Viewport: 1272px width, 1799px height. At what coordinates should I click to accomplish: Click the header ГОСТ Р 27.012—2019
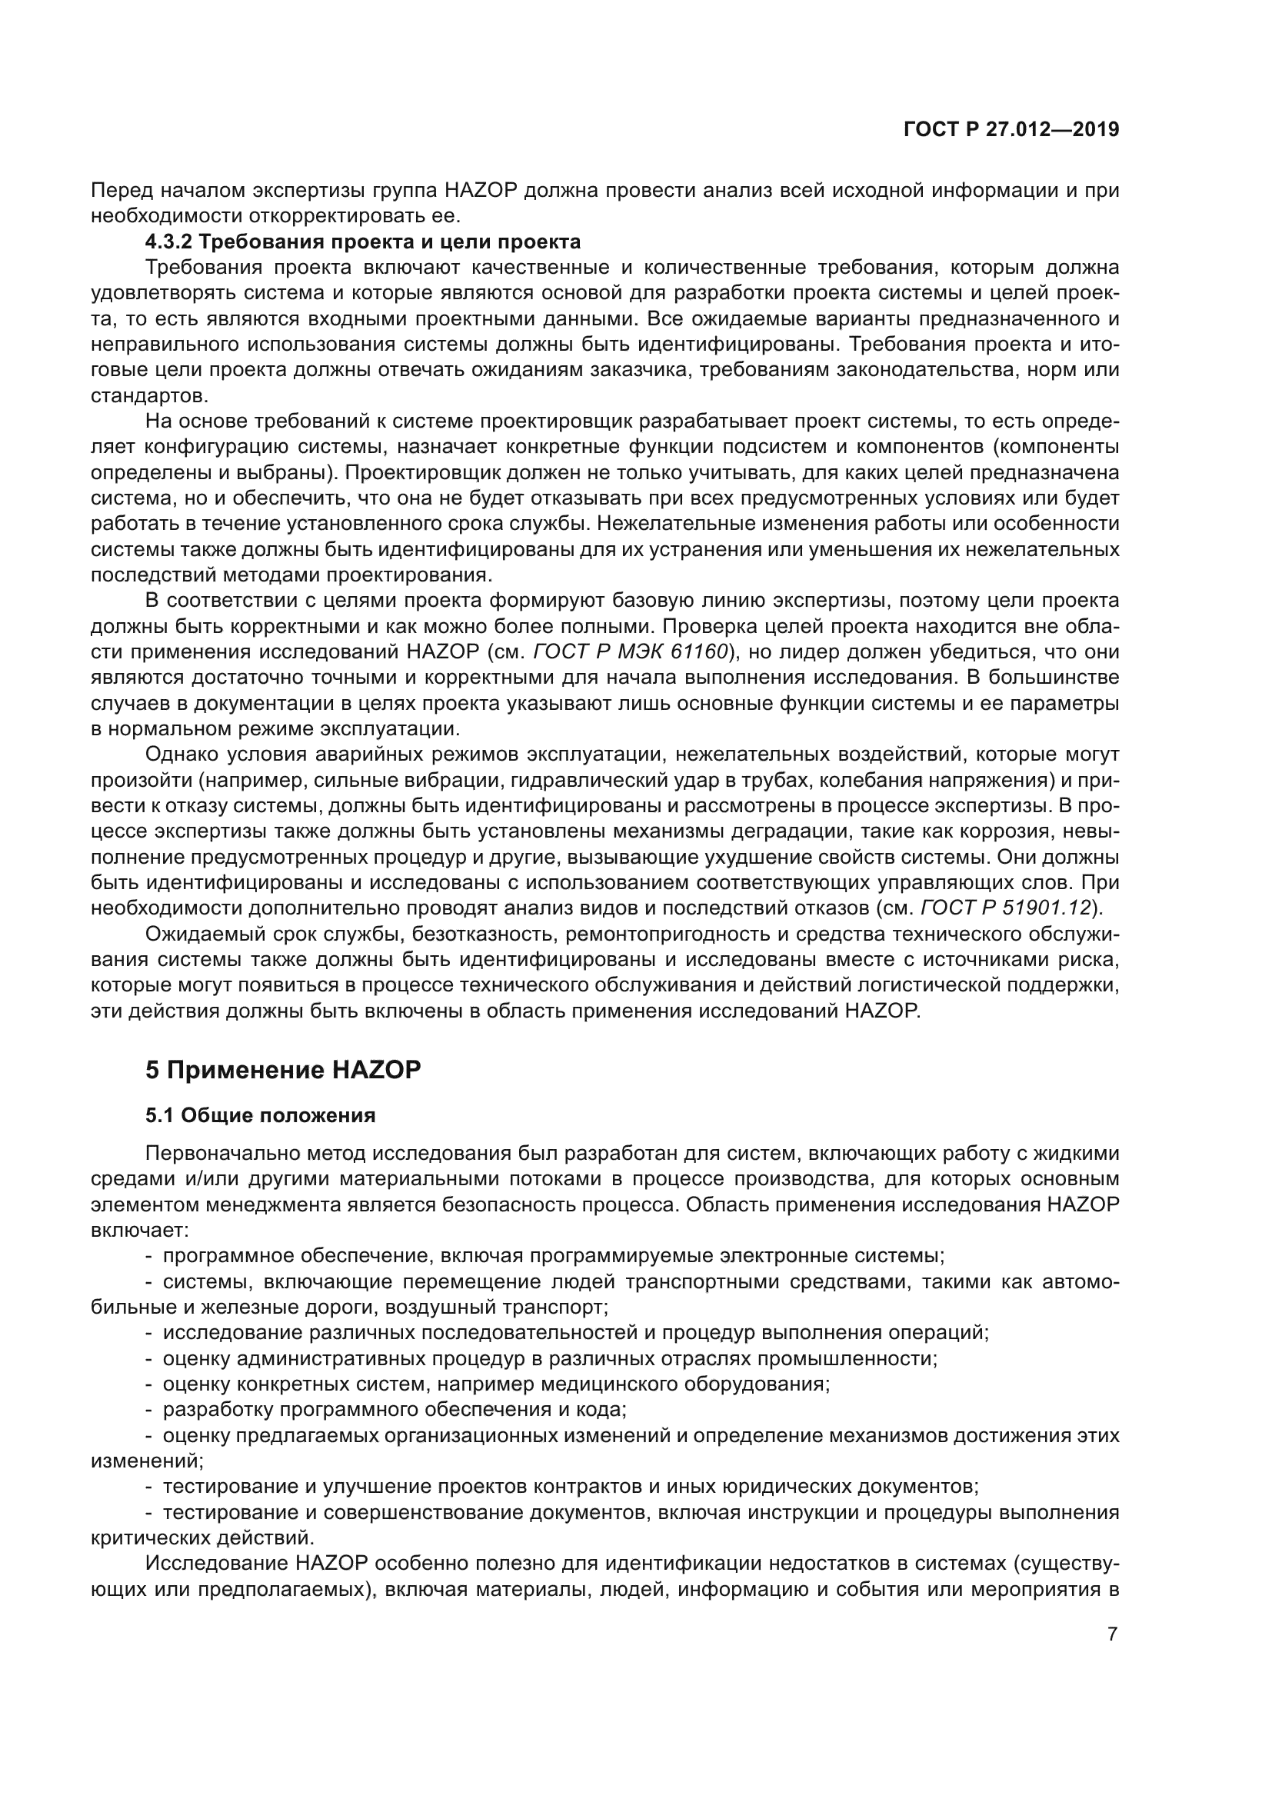tap(1011, 130)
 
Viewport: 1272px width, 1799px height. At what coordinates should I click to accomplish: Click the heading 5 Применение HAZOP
tap(283, 1070)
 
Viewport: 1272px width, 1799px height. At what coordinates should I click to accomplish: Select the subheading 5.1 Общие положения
tap(260, 1115)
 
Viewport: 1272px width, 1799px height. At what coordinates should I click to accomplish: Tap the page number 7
tap(1112, 1634)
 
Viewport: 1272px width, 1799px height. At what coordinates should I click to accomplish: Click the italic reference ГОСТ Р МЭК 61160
tap(631, 652)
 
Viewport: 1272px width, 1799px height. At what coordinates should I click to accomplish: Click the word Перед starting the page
tap(115, 191)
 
